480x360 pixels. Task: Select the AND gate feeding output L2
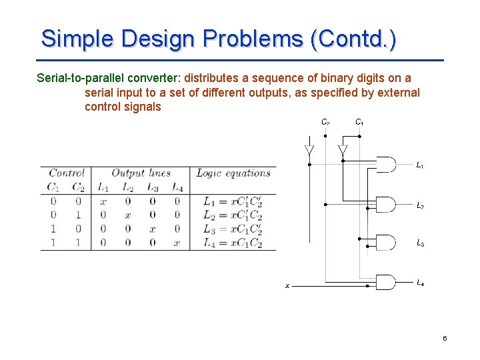click(x=386, y=204)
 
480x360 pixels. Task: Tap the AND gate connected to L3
click(x=386, y=242)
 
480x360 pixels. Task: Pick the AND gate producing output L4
click(x=386, y=282)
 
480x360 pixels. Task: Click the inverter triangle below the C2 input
click(x=309, y=150)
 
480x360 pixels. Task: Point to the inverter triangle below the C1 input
click(x=343, y=150)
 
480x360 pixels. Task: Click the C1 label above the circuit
click(x=359, y=123)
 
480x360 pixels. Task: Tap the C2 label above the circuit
click(x=325, y=123)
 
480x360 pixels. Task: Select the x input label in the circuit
click(x=287, y=286)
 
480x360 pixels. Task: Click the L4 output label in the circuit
click(x=420, y=283)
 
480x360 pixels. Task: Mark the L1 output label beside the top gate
click(x=420, y=165)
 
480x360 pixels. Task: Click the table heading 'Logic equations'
click(x=233, y=173)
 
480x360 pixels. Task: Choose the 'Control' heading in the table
click(x=66, y=173)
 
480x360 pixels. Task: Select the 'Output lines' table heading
click(x=141, y=173)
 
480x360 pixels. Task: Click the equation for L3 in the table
click(x=232, y=229)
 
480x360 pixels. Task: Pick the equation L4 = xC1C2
click(x=232, y=243)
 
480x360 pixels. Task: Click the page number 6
click(x=445, y=339)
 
